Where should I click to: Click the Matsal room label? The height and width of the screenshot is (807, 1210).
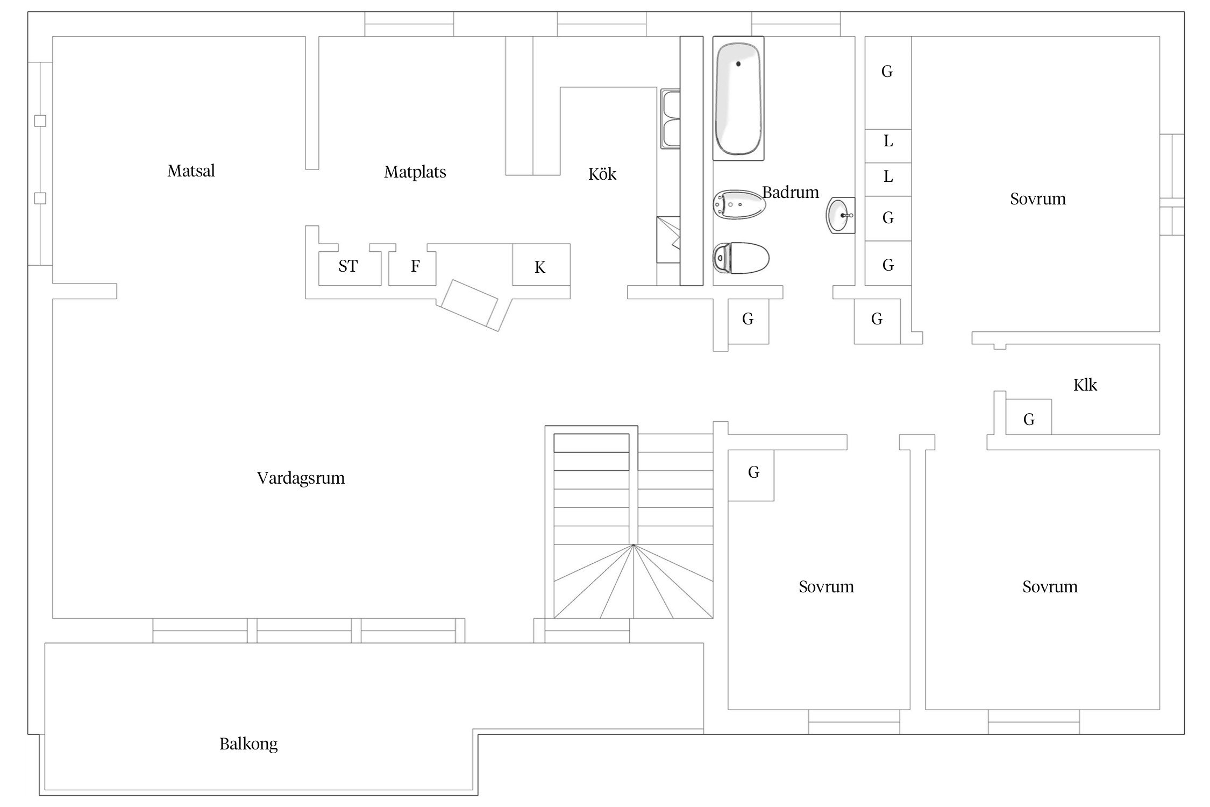[x=191, y=171]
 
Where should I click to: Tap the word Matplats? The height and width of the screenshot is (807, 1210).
[x=415, y=172]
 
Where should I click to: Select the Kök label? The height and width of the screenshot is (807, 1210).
[x=602, y=174]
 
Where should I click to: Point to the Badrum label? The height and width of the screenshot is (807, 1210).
[x=791, y=192]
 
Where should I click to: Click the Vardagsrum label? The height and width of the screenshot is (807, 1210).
[x=301, y=478]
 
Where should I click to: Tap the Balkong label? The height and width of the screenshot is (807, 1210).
[x=248, y=744]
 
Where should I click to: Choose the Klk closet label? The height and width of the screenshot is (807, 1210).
[x=1085, y=385]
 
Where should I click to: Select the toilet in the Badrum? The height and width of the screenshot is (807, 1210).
[x=741, y=258]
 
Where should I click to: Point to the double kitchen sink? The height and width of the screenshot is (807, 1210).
[x=671, y=119]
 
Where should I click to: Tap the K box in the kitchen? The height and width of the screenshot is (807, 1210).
[x=541, y=265]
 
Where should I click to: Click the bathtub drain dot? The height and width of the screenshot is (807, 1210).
[x=738, y=64]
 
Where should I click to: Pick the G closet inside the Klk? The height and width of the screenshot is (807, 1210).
[x=1028, y=416]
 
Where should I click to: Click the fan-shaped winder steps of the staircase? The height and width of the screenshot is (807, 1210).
[x=634, y=581]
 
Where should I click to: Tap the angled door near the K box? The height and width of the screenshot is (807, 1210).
[x=467, y=303]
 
